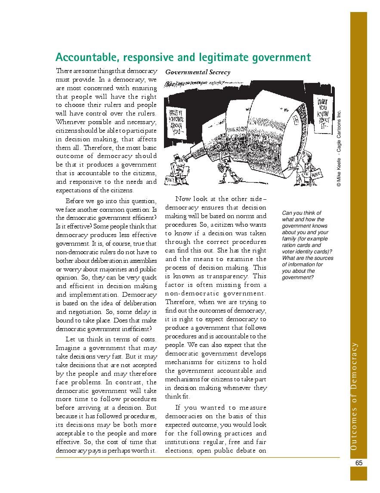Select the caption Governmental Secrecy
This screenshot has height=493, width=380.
point(198,72)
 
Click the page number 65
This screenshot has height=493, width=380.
point(359,463)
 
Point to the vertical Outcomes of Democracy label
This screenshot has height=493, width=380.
point(354,396)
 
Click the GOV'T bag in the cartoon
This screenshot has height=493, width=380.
point(171,180)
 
